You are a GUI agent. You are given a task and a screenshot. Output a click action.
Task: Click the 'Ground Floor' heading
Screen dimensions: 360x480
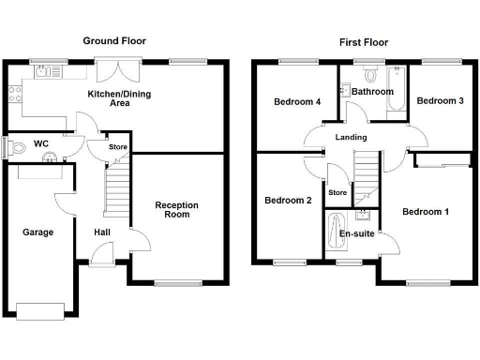(x=114, y=41)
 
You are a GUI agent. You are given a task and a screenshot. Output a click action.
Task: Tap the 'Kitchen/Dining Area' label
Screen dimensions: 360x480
(x=120, y=98)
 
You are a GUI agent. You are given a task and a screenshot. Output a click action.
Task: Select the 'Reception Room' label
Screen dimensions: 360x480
(x=172, y=209)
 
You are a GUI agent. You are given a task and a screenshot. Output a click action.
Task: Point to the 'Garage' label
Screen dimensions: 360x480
(x=37, y=232)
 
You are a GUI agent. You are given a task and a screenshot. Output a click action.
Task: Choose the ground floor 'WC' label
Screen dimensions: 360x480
(x=40, y=143)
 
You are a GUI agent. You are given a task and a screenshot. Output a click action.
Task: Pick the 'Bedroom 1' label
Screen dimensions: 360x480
(x=426, y=212)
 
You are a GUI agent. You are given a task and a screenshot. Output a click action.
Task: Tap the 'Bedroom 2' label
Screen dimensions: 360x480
(x=287, y=200)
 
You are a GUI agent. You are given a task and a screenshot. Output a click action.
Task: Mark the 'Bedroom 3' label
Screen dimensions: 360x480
(x=440, y=100)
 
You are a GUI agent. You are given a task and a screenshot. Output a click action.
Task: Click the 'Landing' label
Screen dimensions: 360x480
(x=352, y=138)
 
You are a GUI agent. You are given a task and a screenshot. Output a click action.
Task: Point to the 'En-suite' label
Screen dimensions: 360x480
(x=356, y=233)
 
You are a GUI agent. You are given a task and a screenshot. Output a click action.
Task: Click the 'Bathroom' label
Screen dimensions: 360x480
(x=373, y=92)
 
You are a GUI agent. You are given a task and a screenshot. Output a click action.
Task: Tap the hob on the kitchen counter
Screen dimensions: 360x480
(x=13, y=93)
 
